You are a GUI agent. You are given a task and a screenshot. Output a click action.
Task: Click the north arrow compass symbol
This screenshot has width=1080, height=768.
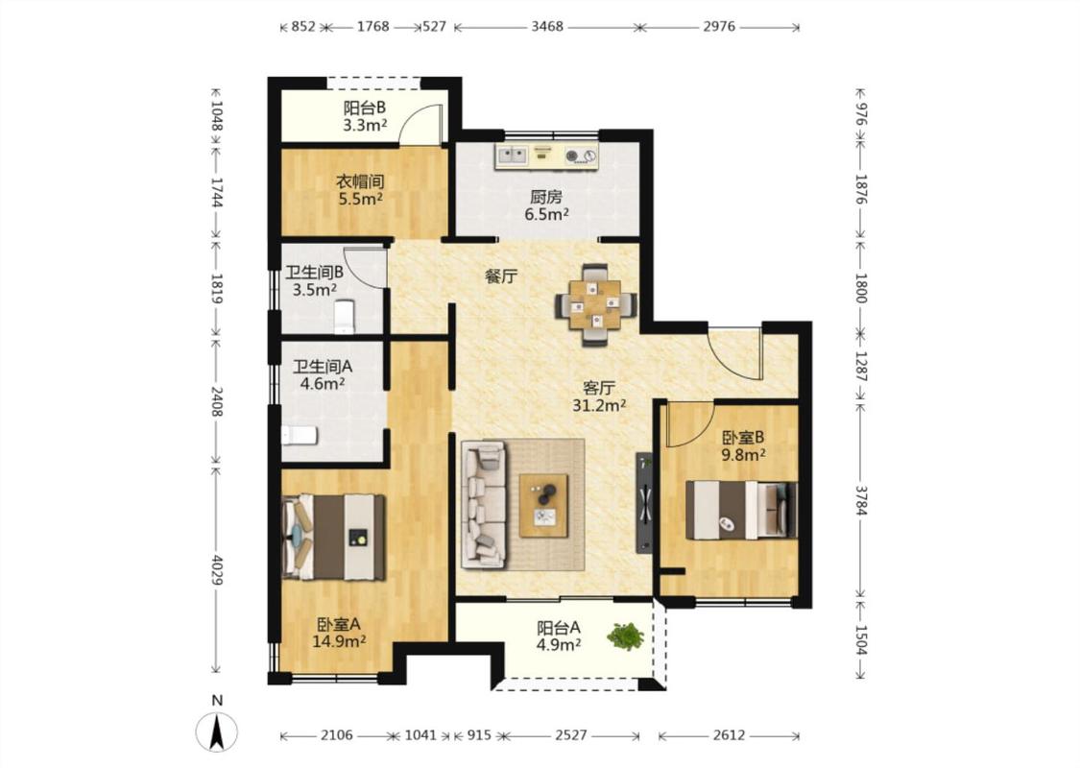click(217, 732)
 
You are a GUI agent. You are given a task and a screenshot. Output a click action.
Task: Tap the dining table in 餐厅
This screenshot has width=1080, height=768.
click(596, 303)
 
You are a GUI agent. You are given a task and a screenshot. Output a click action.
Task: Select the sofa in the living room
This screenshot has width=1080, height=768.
click(484, 504)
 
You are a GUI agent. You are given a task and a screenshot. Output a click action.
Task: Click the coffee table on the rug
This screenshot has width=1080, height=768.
click(544, 505)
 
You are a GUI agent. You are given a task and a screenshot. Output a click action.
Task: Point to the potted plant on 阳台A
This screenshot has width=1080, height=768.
click(625, 636)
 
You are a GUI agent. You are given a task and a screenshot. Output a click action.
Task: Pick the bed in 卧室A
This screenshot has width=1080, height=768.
click(333, 537)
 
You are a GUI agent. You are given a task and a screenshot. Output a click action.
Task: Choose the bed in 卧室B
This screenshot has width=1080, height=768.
click(741, 510)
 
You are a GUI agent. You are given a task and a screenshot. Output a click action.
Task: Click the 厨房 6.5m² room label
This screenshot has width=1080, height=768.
click(547, 206)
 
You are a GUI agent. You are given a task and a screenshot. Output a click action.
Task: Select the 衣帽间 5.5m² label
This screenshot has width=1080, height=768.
click(360, 191)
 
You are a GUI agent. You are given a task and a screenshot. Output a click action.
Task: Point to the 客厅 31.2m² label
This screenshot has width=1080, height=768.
click(599, 396)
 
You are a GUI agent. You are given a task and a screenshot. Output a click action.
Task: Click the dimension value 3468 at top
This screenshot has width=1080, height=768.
click(547, 27)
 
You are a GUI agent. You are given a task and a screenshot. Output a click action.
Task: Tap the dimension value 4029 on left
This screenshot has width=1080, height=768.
click(217, 570)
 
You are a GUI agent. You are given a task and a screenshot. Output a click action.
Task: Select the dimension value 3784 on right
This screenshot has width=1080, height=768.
click(862, 501)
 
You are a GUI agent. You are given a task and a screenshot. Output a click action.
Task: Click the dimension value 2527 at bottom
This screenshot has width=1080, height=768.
click(571, 735)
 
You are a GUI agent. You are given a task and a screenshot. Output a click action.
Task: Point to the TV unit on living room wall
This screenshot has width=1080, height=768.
click(644, 503)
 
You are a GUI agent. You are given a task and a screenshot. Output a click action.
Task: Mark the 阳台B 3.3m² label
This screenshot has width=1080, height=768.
click(365, 116)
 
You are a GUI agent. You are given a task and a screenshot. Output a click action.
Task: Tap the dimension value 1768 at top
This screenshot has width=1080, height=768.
click(372, 27)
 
